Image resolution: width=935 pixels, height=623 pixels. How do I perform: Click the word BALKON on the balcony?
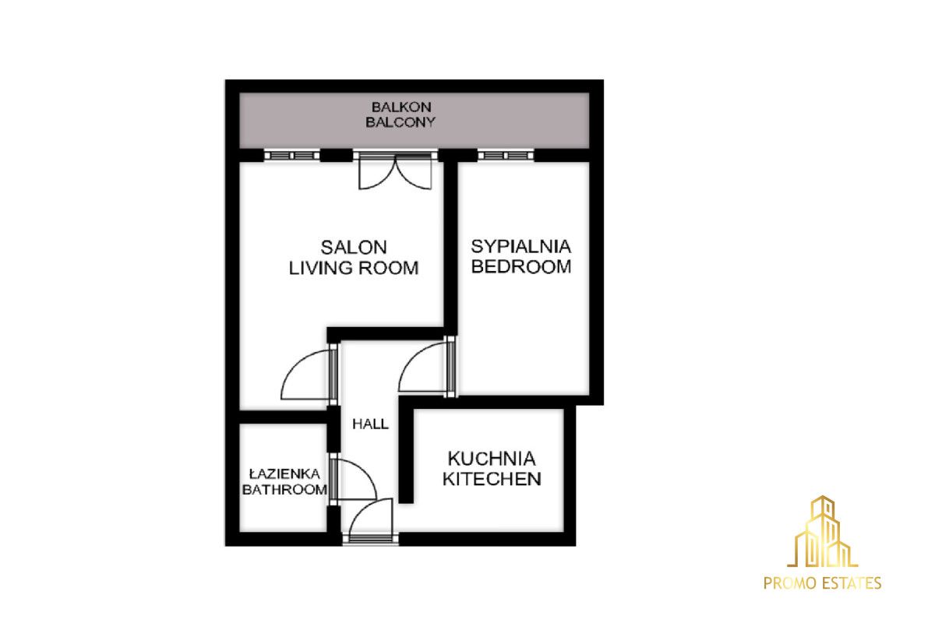(x=401, y=107)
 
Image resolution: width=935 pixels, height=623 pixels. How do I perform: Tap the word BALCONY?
(x=400, y=122)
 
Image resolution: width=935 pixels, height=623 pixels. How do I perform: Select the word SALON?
(x=354, y=248)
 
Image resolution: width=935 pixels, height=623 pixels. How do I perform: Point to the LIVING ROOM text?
(x=354, y=268)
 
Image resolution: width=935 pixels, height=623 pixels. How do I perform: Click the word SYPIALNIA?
(x=521, y=247)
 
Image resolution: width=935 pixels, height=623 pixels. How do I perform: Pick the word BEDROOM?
(x=521, y=266)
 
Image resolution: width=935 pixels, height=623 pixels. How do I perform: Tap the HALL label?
(x=370, y=424)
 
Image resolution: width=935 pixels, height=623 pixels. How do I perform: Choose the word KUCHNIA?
(x=492, y=459)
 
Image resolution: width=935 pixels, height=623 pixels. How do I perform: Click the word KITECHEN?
(x=492, y=479)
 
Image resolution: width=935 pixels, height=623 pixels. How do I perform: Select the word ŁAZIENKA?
(x=284, y=473)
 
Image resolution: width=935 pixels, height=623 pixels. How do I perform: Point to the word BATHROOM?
(x=284, y=490)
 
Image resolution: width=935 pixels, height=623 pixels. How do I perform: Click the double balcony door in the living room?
(x=395, y=171)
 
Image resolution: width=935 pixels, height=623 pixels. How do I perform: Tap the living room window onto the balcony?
(x=291, y=156)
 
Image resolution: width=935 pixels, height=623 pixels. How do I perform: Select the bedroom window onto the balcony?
(x=506, y=156)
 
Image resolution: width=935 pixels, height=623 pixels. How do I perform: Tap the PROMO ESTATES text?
(x=822, y=583)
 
